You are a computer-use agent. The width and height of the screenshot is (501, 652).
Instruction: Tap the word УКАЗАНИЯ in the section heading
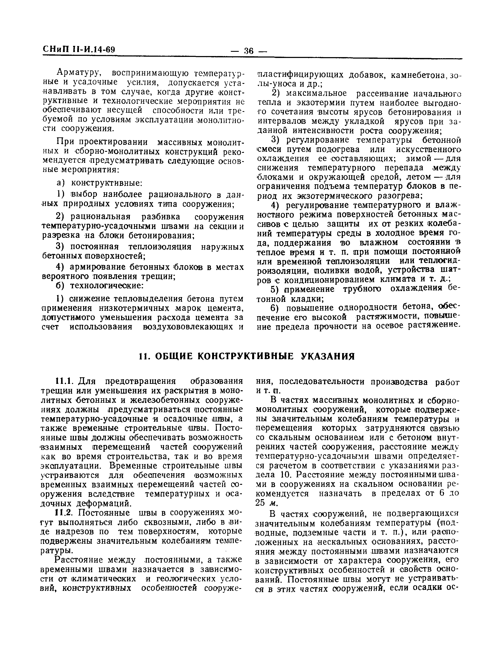pos(328,356)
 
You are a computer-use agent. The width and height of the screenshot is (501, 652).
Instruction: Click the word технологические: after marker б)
pos(107,286)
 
